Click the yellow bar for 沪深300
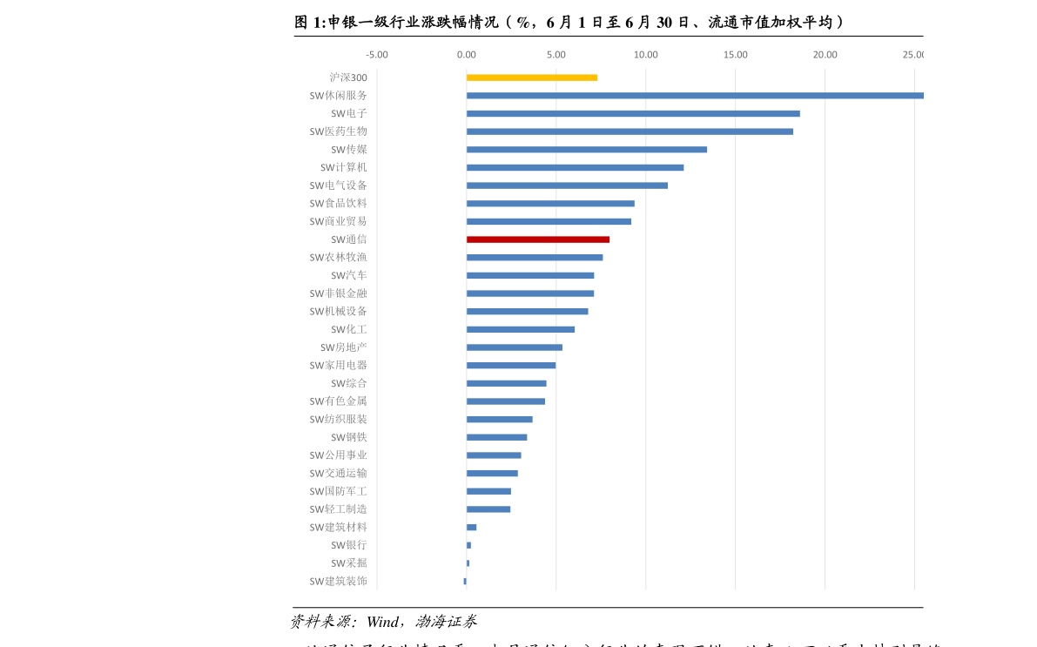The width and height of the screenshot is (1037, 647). point(531,78)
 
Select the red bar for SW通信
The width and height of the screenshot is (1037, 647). point(537,239)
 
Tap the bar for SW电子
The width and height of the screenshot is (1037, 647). point(632,113)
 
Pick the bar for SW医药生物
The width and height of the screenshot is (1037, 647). point(629,131)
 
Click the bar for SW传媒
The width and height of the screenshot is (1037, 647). point(586,150)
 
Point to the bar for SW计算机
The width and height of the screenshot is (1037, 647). point(575,167)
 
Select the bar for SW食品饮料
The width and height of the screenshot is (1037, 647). point(550,204)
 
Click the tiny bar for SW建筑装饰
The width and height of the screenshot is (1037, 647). point(465,581)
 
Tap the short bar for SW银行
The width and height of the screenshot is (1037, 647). point(468,545)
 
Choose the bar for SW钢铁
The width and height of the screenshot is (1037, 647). point(496,437)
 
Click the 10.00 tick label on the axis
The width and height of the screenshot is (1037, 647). point(645,55)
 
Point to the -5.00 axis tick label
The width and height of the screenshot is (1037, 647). point(376,55)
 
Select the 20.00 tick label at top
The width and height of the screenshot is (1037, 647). point(825,55)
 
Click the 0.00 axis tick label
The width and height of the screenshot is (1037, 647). point(466,55)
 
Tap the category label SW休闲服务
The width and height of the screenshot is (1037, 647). point(338,96)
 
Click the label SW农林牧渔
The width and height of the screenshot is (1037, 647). point(338,257)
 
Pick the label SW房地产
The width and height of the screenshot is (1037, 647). point(343,347)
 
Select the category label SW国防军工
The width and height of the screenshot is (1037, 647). point(338,491)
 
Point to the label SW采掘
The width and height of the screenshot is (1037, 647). point(348,563)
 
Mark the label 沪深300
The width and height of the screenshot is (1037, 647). point(347,78)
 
